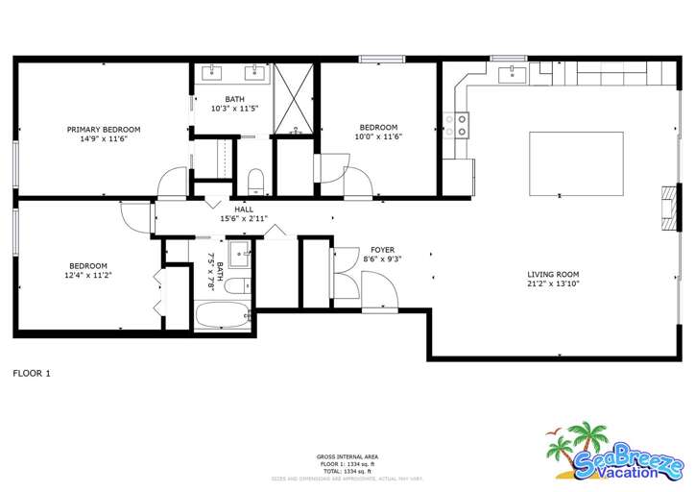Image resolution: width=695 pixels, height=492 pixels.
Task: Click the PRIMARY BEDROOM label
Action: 103,129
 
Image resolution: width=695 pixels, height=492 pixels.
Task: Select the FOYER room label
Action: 382,250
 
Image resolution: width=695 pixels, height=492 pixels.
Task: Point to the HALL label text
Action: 244,209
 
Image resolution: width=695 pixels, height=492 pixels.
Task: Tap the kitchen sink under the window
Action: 513,75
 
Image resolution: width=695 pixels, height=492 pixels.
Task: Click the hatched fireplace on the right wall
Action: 665,208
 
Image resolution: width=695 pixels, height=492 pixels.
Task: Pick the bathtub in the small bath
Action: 221,315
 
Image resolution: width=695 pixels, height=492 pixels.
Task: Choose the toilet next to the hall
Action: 255,181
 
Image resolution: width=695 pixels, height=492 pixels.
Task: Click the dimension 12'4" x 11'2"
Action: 87,275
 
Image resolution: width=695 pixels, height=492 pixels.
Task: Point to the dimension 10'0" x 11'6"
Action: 378,136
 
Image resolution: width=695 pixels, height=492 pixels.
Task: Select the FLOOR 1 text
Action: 31,373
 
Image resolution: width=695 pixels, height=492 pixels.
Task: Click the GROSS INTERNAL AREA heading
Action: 347,456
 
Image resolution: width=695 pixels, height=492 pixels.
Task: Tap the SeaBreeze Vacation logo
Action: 614,455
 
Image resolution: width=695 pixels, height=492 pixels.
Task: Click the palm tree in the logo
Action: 580,440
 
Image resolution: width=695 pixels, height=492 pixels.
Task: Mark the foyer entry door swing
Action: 374,288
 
